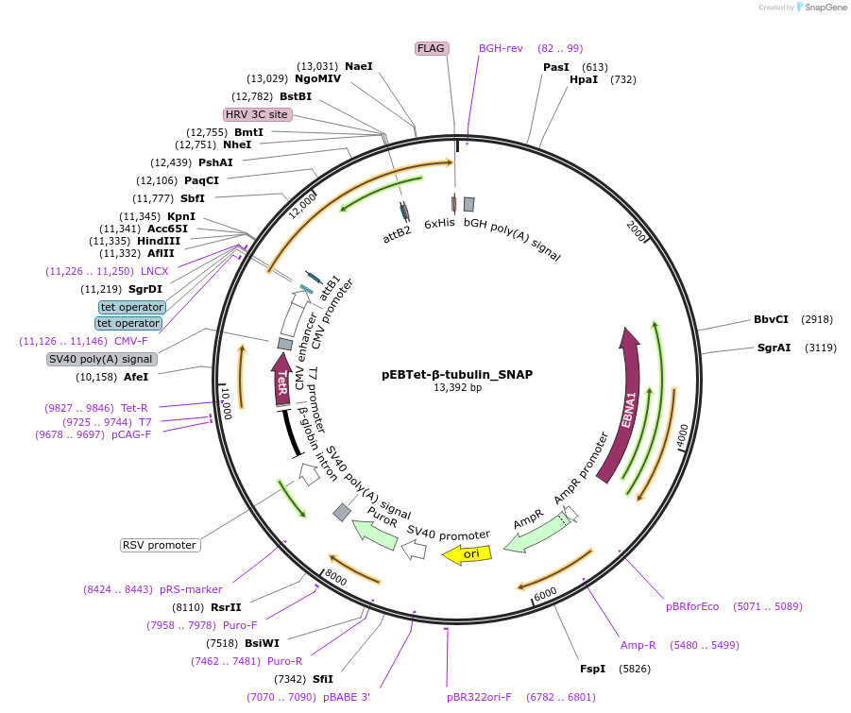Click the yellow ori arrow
click(x=468, y=554)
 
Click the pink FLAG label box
click(x=432, y=48)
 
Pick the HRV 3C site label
click(x=256, y=114)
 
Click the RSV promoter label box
click(x=160, y=545)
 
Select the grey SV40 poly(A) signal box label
click(x=102, y=359)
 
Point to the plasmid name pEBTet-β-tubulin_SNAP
click(x=457, y=374)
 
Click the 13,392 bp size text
click(x=457, y=387)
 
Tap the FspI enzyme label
click(x=592, y=669)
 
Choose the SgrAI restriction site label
click(x=774, y=348)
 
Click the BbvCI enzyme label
click(x=771, y=319)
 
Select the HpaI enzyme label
click(x=583, y=80)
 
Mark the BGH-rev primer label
click(x=501, y=48)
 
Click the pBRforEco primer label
click(x=692, y=606)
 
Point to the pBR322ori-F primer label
click(x=479, y=697)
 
